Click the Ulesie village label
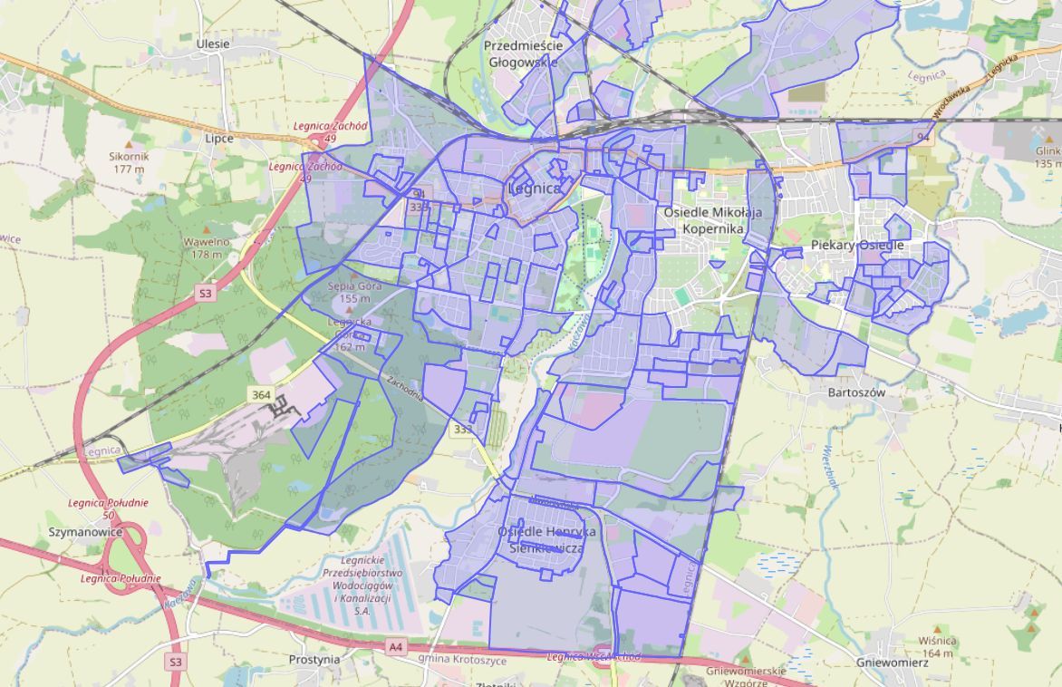coord(213,44)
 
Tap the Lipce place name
coord(218,139)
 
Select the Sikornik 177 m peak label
coord(129,162)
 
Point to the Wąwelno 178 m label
coord(206,247)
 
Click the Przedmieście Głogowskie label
coord(524,53)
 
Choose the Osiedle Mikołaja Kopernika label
coord(713,220)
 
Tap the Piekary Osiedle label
coord(857,246)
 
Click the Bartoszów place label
coord(856,392)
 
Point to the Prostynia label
coord(314,660)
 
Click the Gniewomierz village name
coord(892,663)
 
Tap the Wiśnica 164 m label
coord(936,647)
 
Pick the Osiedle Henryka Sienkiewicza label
coord(546,540)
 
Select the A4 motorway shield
coord(395,646)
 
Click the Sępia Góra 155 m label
coord(349,291)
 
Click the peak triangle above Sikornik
coord(129,143)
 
